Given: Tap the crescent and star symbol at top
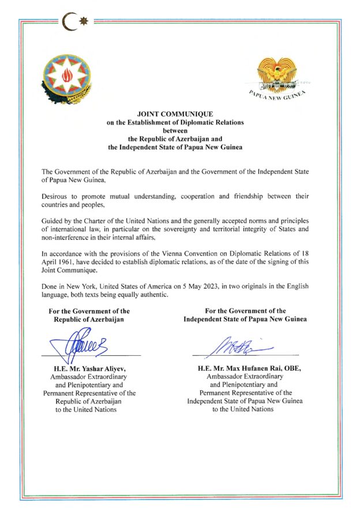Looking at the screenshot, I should (76, 22).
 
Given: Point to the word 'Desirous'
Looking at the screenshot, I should (56, 196).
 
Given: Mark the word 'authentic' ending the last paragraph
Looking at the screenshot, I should (152, 295).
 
